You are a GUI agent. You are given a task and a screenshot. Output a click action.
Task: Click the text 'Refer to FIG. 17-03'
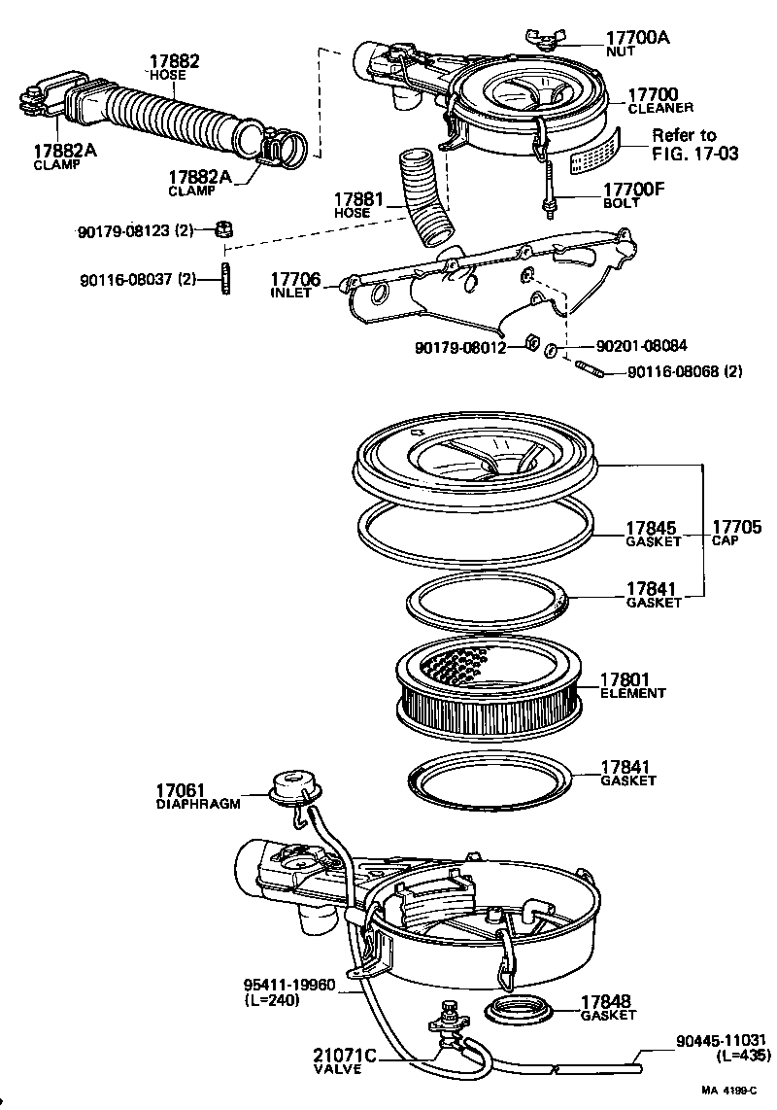(683, 143)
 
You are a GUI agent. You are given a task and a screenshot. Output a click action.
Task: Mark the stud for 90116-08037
(225, 278)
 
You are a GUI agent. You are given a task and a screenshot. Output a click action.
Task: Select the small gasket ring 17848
(519, 1011)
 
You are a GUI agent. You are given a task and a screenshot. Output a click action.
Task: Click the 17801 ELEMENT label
(632, 685)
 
